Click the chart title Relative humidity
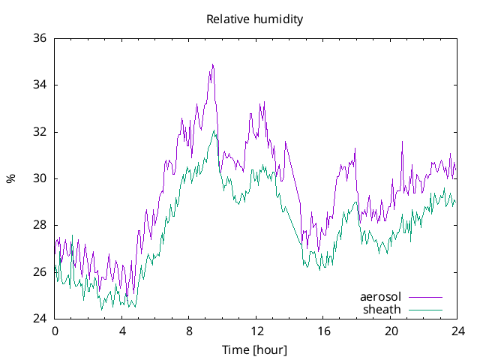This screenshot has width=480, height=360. tap(255, 19)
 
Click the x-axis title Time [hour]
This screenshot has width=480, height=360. tap(254, 350)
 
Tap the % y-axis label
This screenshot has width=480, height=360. tap(10, 178)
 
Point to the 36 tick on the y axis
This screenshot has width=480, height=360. tap(39, 38)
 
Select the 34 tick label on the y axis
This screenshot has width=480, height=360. tap(39, 85)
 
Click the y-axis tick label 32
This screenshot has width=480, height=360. tap(39, 132)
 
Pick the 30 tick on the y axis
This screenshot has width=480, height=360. tap(39, 178)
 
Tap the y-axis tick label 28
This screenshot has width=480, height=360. tap(39, 225)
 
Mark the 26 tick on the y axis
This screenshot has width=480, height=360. tap(39, 272)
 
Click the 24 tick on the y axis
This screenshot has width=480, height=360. tap(39, 319)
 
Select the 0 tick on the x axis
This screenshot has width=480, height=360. tap(55, 331)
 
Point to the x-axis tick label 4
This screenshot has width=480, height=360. tap(122, 331)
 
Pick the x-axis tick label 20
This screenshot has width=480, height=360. tap(391, 331)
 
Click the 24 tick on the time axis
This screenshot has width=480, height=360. tap(457, 331)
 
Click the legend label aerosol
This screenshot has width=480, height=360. tap(380, 297)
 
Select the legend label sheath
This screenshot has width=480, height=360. tap(382, 309)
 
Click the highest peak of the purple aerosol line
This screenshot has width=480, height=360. tap(213, 64)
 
